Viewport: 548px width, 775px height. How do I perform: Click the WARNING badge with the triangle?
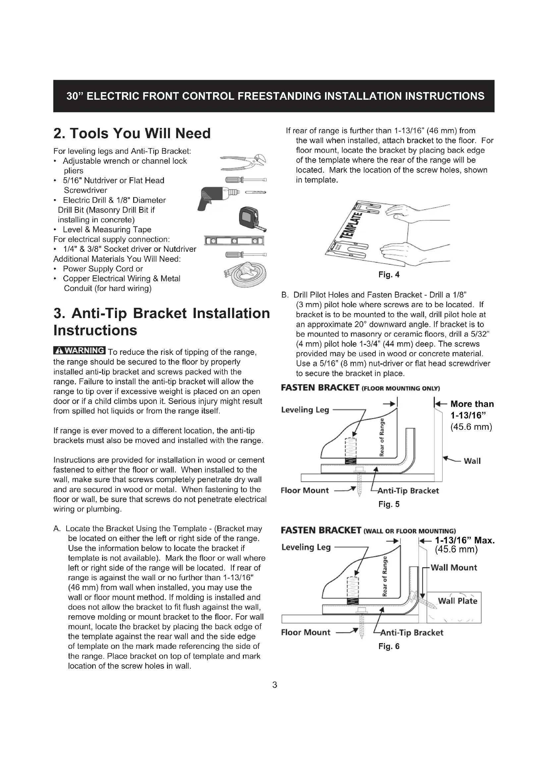[x=80, y=350]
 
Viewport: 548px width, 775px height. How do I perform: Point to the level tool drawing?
[x=234, y=241]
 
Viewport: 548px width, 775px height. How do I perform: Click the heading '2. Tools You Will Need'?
[x=132, y=133]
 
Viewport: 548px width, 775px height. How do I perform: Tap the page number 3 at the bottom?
[x=274, y=685]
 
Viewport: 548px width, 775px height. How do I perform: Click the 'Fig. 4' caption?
[x=389, y=275]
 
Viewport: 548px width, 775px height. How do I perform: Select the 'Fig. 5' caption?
[x=389, y=504]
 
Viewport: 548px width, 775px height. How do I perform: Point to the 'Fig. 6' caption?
[x=389, y=646]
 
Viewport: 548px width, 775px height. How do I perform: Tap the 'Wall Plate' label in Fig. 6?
[x=457, y=601]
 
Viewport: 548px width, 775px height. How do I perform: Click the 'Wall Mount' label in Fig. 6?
[x=454, y=567]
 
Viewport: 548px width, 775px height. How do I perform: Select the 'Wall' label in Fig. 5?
[x=472, y=461]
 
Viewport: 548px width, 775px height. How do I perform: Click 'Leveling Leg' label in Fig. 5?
[x=305, y=410]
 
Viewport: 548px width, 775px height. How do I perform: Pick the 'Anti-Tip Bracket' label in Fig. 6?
[x=411, y=633]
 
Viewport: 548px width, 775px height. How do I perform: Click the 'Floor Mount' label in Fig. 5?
[x=304, y=490]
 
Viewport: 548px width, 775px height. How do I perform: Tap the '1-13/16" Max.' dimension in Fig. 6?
[x=465, y=540]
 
